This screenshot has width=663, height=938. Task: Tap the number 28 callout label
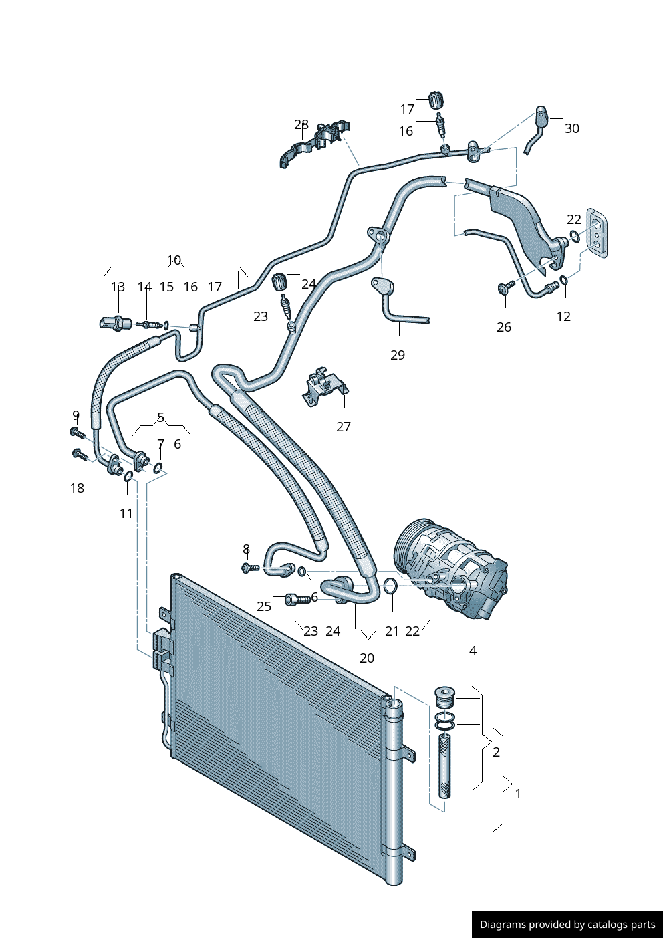tap(301, 124)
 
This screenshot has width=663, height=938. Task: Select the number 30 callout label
tap(572, 128)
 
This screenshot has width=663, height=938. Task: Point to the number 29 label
tap(398, 355)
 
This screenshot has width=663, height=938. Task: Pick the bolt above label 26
tap(505, 287)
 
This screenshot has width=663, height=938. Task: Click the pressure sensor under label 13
tap(114, 323)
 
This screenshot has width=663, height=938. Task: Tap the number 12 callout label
tap(563, 316)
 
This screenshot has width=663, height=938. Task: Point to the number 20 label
tap(367, 658)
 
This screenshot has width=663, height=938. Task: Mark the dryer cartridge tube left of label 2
tap(445, 765)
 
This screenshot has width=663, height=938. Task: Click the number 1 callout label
tap(518, 794)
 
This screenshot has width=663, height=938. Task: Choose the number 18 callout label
tap(77, 488)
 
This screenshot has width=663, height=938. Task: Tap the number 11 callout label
tap(126, 513)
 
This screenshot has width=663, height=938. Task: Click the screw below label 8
tap(250, 568)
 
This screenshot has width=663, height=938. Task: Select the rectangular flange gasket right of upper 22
tap(597, 232)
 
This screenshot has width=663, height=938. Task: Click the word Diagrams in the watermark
tap(502, 925)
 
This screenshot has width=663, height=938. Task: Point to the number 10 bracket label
tap(174, 260)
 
